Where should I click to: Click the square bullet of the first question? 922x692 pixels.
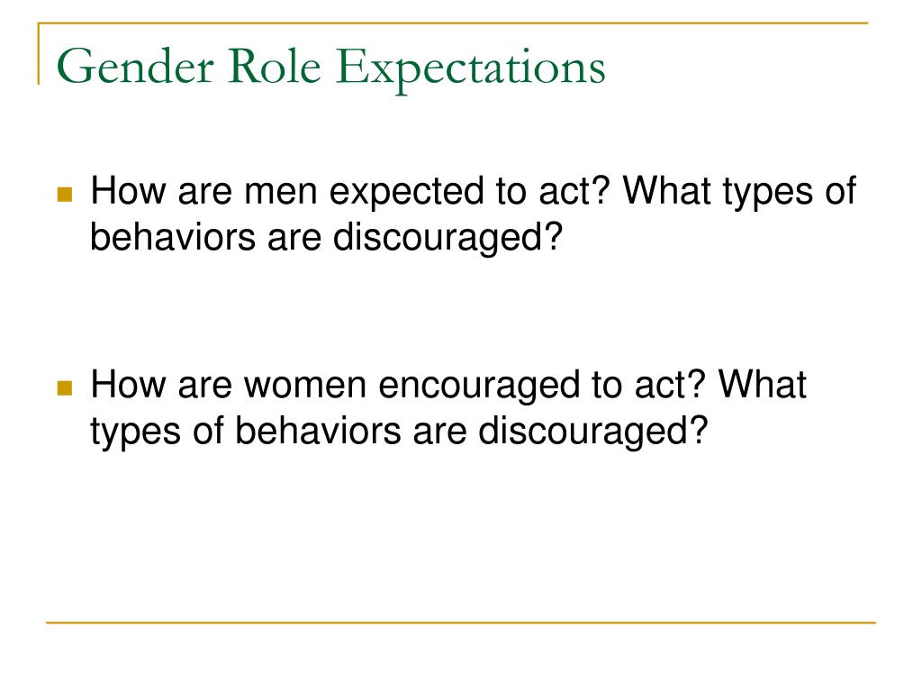(x=64, y=195)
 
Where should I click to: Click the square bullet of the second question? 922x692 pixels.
(x=64, y=389)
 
